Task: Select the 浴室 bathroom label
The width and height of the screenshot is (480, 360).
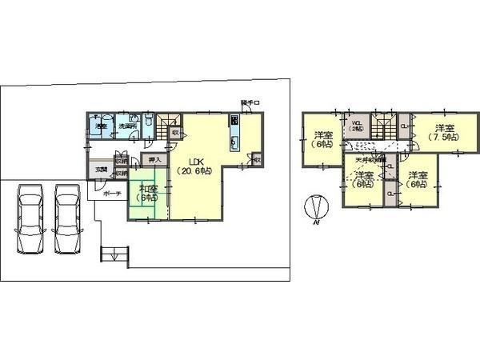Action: click(x=102, y=127)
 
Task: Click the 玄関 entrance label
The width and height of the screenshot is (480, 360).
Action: click(x=102, y=169)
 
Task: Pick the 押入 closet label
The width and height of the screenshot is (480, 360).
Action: click(x=155, y=160)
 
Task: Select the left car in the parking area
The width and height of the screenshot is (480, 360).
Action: click(x=30, y=220)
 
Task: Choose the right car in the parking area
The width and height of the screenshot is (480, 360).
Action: click(x=69, y=220)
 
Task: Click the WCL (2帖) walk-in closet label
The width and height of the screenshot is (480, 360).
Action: click(x=357, y=126)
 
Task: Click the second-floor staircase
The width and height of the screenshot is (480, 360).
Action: click(x=382, y=128)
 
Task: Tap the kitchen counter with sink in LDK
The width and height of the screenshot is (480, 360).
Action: click(x=234, y=132)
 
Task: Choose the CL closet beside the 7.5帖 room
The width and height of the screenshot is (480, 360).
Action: click(x=404, y=128)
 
